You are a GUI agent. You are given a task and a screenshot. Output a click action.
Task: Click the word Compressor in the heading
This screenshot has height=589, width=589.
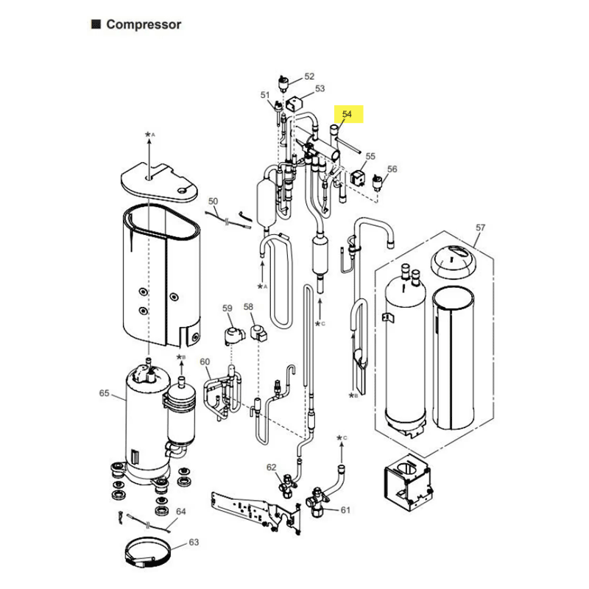tap(144, 25)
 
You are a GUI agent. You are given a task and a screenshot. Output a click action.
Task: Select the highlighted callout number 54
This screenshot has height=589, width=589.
tap(347, 114)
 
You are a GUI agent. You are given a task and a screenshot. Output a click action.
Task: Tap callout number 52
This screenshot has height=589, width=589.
tap(309, 77)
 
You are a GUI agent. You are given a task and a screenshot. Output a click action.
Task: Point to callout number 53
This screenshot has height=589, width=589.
tap(320, 88)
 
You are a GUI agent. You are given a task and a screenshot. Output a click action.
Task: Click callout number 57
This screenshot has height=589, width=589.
tap(481, 228)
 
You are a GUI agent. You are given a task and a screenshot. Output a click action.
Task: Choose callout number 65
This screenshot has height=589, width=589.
tap(104, 393)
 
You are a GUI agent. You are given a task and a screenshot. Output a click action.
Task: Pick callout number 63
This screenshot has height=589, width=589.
tap(194, 542)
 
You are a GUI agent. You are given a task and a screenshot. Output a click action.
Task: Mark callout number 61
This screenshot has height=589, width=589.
tap(345, 510)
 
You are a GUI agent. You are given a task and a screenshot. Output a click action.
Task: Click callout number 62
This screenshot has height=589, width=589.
tap(271, 468)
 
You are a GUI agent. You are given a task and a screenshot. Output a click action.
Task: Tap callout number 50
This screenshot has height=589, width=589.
tap(213, 201)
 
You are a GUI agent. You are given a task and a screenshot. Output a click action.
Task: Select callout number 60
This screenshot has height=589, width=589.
tap(205, 361)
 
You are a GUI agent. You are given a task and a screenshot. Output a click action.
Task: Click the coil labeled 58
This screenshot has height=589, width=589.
tap(259, 333)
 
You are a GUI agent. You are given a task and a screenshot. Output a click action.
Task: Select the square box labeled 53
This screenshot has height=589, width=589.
tap(294, 104)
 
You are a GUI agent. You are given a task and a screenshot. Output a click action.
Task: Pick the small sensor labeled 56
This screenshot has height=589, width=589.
tap(376, 181)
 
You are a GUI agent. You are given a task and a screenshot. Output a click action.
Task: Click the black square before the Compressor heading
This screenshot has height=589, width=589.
tap(96, 24)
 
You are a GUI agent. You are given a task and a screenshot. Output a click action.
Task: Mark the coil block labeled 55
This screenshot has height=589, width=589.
tap(358, 177)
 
